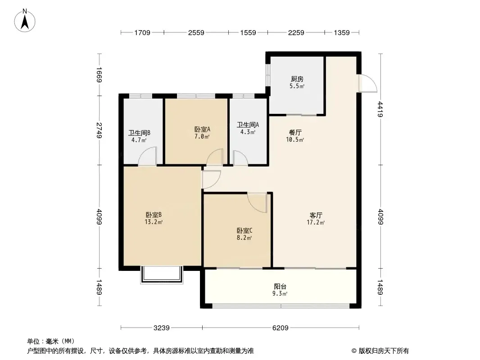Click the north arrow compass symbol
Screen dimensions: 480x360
(x=25, y=21)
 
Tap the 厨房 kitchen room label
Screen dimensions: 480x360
(x=297, y=79)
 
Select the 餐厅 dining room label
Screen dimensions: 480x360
(x=295, y=132)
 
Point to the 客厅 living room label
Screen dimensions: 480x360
(x=316, y=216)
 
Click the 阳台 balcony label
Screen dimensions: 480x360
(x=280, y=287)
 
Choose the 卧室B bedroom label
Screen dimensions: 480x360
(x=154, y=215)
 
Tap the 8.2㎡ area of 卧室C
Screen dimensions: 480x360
(x=245, y=238)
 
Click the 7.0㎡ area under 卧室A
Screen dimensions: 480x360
(x=202, y=136)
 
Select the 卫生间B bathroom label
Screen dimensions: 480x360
(x=139, y=133)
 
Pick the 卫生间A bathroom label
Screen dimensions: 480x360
(x=248, y=125)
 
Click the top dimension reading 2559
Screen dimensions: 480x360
(x=196, y=32)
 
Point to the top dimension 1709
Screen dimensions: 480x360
(x=142, y=32)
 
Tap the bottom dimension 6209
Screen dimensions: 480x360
(x=281, y=328)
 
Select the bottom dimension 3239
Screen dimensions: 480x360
(x=161, y=328)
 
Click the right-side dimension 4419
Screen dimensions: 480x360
(x=380, y=109)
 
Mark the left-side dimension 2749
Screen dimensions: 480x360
(x=99, y=130)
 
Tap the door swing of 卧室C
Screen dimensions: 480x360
(x=257, y=202)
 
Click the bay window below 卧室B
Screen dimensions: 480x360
(x=162, y=275)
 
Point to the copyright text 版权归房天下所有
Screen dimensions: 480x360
(x=384, y=351)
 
